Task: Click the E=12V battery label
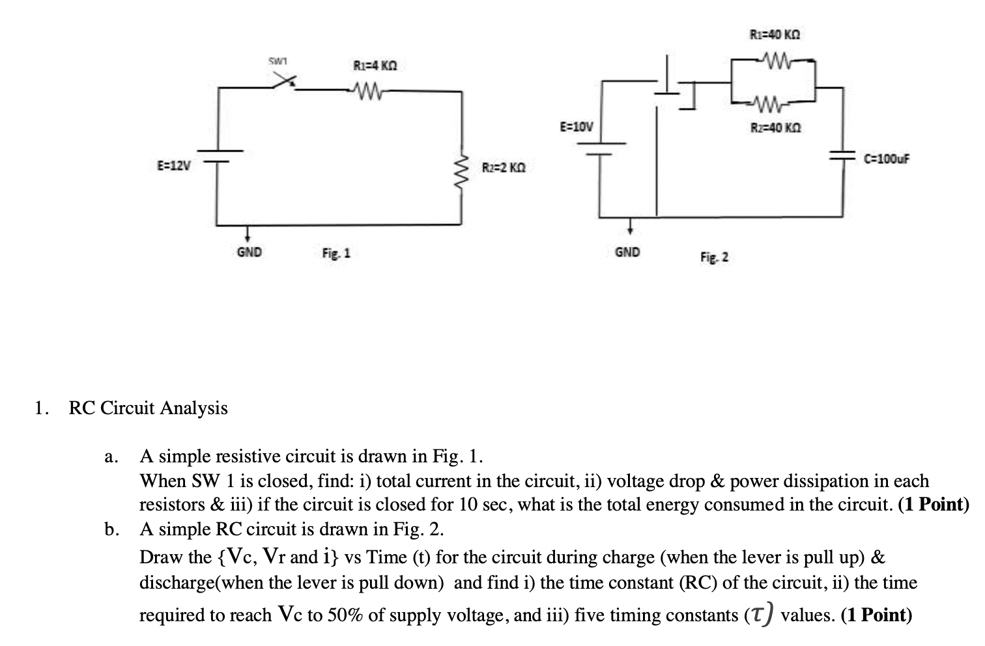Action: pos(174,165)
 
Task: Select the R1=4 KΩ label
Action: pos(375,66)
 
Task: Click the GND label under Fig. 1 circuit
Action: pos(249,252)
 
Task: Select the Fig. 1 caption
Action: pos(336,253)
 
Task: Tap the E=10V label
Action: pos(577,126)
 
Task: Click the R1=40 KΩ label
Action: pos(775,34)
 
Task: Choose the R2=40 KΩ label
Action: pos(775,128)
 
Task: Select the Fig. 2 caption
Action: pos(715,257)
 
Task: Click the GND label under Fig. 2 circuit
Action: pos(627,252)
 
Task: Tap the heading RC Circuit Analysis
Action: pos(149,408)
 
